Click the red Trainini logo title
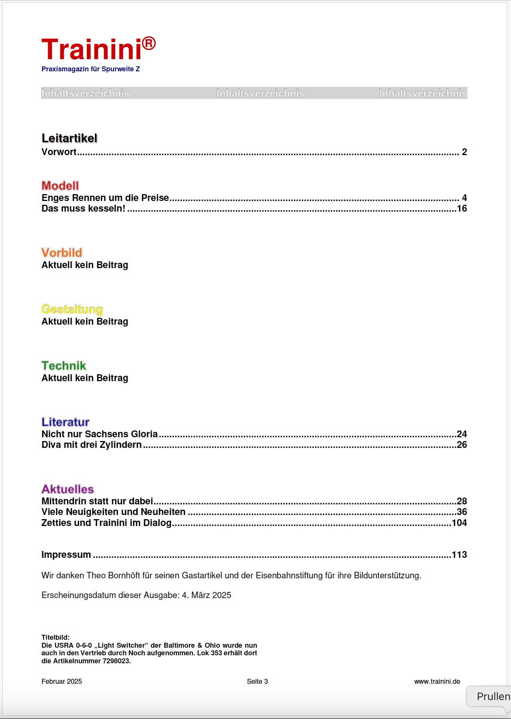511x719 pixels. (91, 49)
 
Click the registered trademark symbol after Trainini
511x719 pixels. (149, 43)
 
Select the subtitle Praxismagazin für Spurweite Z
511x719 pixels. (91, 69)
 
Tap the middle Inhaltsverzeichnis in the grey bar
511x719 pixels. (260, 93)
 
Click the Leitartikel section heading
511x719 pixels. (69, 138)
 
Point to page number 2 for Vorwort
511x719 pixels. (464, 152)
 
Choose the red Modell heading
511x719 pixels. (60, 186)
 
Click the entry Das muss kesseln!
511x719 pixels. (83, 209)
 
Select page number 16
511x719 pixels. (462, 209)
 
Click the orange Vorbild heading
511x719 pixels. (62, 253)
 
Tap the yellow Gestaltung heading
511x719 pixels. (72, 309)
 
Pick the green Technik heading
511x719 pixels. (64, 366)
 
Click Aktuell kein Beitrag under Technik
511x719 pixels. (85, 378)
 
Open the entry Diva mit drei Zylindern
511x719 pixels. (91, 445)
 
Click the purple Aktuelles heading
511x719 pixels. (67, 489)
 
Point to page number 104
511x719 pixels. (459, 523)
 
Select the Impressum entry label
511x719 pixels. (66, 555)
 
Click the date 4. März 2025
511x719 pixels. (207, 595)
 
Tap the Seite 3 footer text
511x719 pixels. (257, 681)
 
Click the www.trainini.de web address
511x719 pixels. (437, 681)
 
